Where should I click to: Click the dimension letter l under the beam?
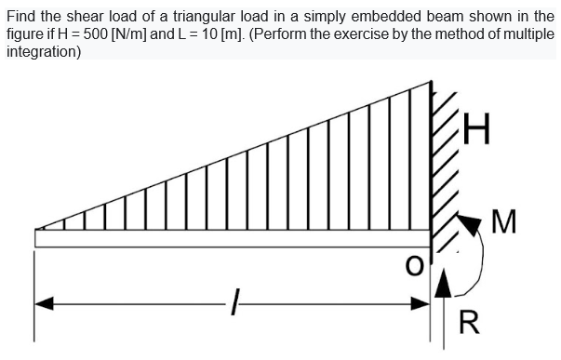(238, 302)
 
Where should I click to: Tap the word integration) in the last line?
(43, 51)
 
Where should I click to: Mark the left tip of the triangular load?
(37, 229)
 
